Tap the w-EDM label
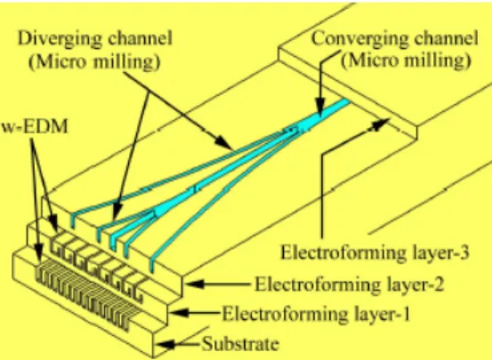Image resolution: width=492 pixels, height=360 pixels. point(35,127)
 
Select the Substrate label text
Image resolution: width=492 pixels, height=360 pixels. point(240,344)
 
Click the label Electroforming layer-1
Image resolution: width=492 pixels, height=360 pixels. point(317,314)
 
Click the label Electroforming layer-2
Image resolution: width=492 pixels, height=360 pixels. point(350,284)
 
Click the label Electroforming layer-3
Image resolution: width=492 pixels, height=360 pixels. point(375,252)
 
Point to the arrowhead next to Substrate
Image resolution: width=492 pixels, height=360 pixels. point(165,345)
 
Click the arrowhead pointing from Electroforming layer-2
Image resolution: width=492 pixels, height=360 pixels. point(195,284)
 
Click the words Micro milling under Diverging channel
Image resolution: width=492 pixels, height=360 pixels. point(95,61)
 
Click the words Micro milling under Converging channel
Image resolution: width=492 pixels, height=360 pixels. point(406,60)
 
